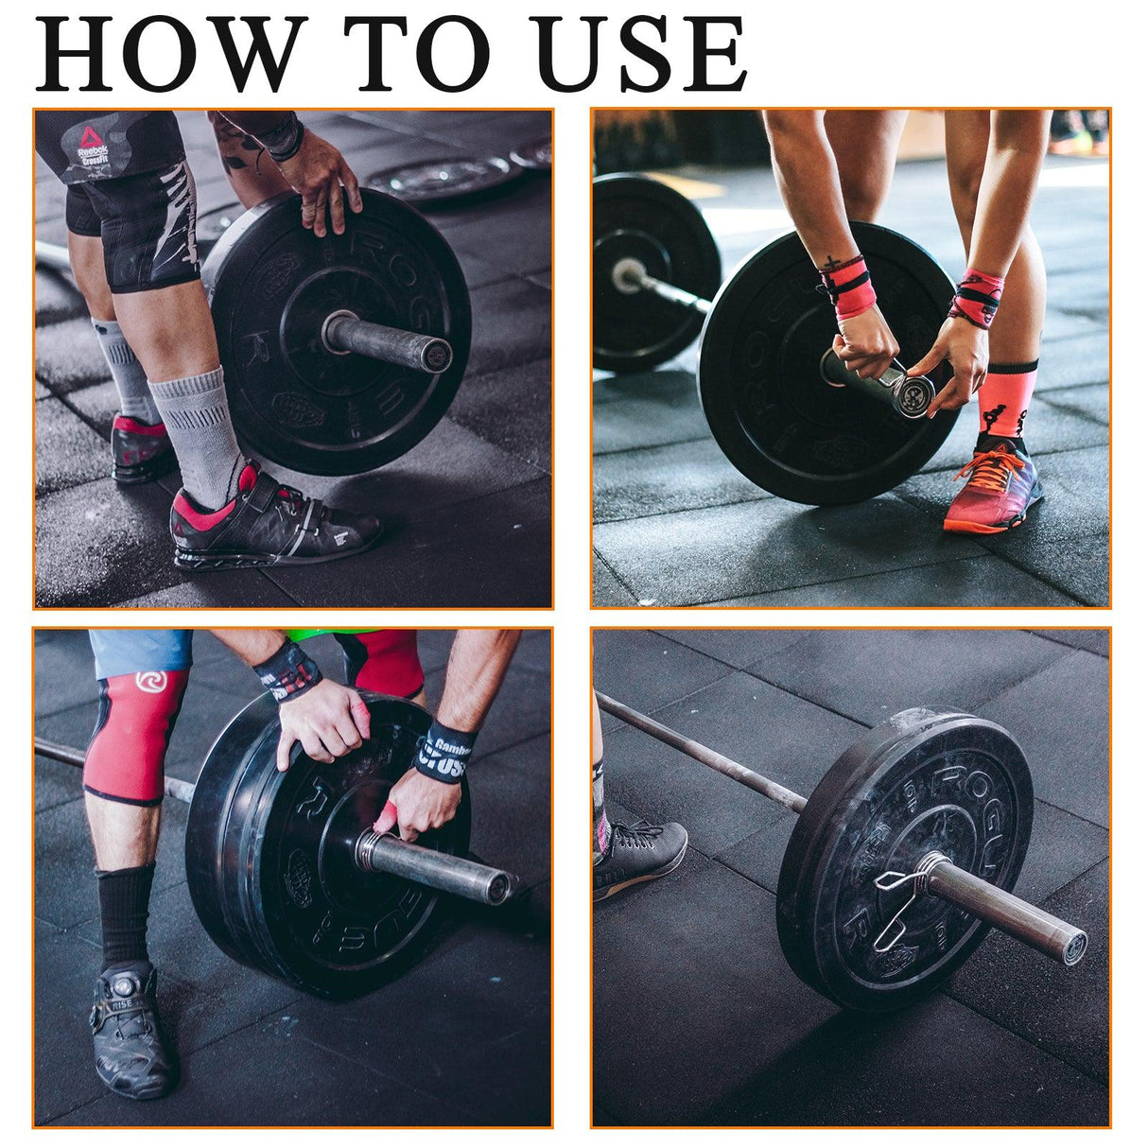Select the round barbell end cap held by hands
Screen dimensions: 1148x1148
[x=915, y=395]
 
